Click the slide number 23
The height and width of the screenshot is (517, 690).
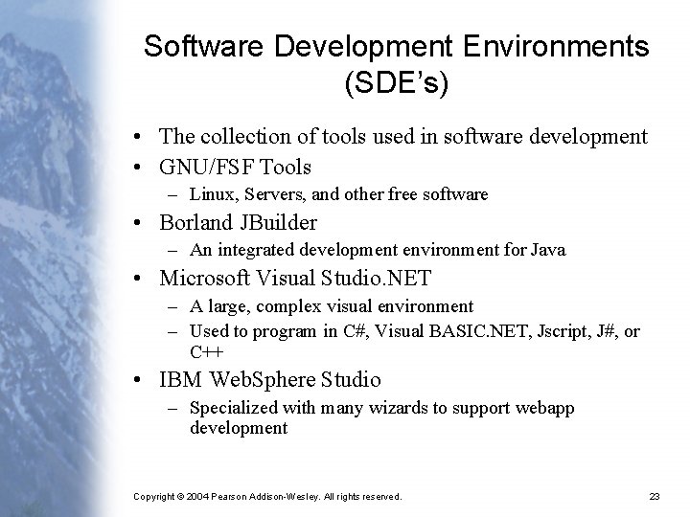pyautogui.click(x=655, y=496)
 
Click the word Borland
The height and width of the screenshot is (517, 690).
pyautogui.click(x=196, y=223)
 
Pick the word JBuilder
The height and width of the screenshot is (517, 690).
pyautogui.click(x=277, y=223)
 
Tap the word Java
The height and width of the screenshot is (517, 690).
pyautogui.click(x=548, y=250)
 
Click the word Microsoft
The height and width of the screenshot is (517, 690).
pyautogui.click(x=205, y=279)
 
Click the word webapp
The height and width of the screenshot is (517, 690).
pyautogui.click(x=546, y=408)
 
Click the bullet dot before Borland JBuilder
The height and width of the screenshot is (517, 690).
pyautogui.click(x=139, y=224)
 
